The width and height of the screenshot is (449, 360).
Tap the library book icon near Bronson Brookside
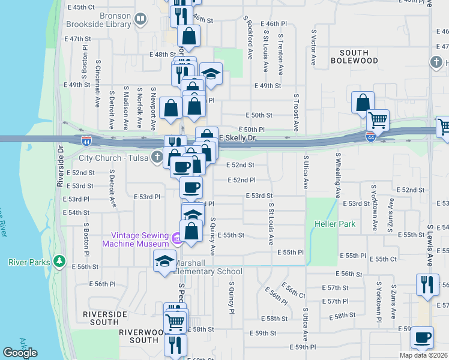click(x=140, y=20)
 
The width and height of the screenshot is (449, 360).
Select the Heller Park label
click(x=335, y=224)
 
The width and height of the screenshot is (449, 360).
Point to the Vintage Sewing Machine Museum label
click(x=135, y=239)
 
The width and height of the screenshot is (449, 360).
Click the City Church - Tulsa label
click(x=115, y=158)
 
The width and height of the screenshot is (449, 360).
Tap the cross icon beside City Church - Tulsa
click(x=157, y=158)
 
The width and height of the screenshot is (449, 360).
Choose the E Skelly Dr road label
click(x=237, y=138)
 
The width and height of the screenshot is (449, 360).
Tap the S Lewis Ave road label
click(x=430, y=246)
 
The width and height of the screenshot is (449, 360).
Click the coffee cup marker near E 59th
click(x=422, y=337)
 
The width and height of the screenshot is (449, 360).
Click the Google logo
click(x=20, y=353)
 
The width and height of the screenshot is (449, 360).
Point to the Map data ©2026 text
click(x=424, y=355)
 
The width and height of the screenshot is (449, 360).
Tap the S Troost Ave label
click(x=296, y=112)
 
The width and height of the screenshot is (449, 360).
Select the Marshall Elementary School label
click(x=207, y=267)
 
